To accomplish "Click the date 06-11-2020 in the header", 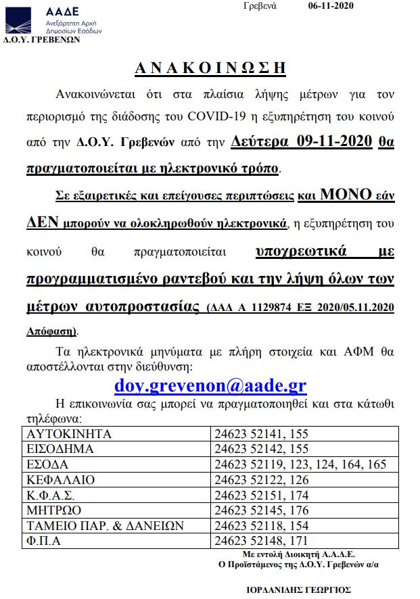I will click(x=330, y=6).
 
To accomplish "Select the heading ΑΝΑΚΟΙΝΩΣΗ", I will click(x=210, y=68).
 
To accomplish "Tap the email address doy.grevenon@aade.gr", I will click(x=210, y=385).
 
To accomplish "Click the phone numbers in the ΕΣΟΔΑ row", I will click(x=300, y=464).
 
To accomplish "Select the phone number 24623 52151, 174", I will click(x=261, y=496).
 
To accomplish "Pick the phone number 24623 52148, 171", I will click(x=261, y=541).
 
